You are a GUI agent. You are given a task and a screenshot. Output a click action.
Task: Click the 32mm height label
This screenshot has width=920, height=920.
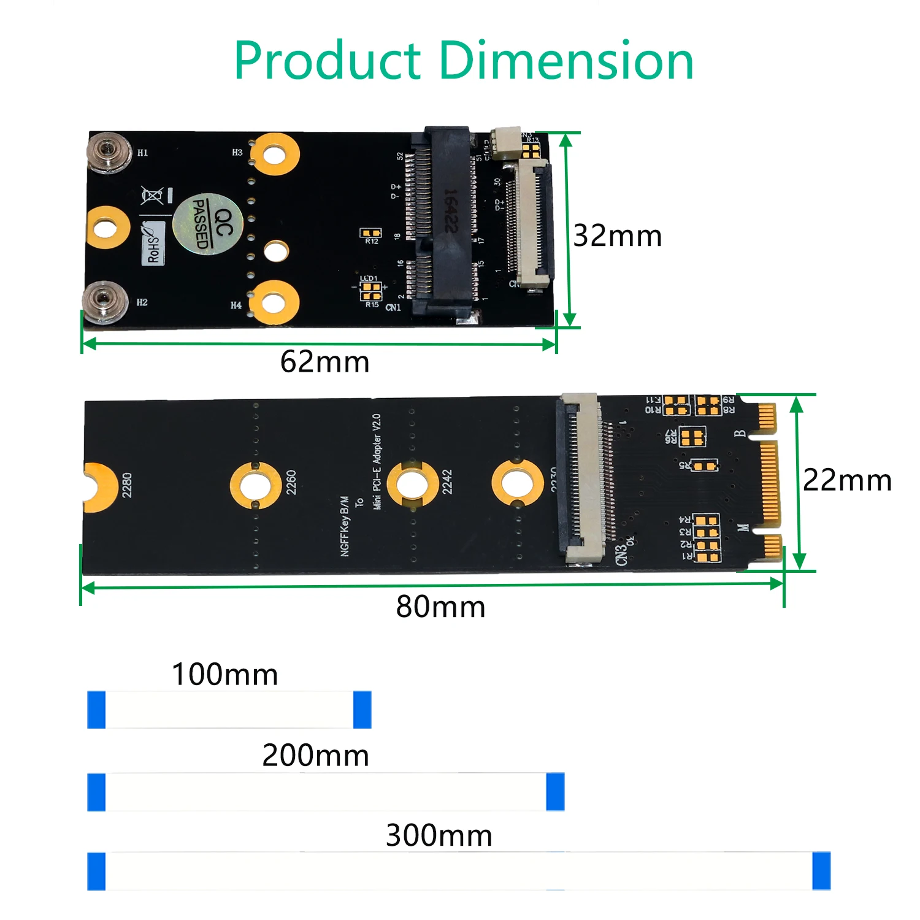[x=617, y=236]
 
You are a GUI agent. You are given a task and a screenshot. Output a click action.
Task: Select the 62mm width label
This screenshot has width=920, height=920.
[x=324, y=362]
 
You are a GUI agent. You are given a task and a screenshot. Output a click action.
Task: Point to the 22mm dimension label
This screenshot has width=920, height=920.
[x=847, y=480]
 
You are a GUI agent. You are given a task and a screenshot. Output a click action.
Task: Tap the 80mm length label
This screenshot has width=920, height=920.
[x=440, y=607]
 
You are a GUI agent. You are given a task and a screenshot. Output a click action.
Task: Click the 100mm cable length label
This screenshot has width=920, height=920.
[x=224, y=674]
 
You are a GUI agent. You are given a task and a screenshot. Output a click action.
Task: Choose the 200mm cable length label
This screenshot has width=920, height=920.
[x=315, y=755]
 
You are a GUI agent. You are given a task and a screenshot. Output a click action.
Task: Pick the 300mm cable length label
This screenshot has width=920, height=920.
[x=439, y=835]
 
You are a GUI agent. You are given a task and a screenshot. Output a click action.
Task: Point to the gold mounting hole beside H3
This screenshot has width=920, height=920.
[x=274, y=153]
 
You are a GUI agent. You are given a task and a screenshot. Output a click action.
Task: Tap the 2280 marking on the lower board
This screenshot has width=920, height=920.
[x=127, y=485]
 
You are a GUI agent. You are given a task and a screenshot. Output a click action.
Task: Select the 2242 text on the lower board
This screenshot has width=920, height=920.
[x=447, y=482]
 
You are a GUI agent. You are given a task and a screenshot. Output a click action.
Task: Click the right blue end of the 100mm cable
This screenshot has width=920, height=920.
[x=362, y=710]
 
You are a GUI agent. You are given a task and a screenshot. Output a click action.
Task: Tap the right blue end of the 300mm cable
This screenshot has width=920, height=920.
[x=821, y=870]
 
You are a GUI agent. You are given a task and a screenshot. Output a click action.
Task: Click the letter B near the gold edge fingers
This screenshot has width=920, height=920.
[x=740, y=433]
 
